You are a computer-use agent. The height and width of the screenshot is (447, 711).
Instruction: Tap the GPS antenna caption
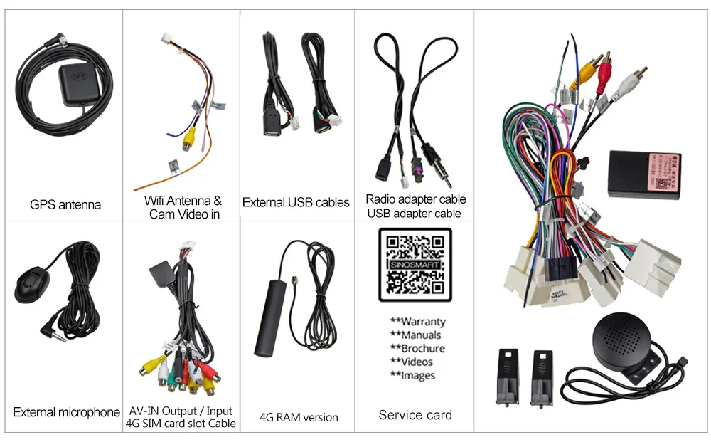click(65, 205)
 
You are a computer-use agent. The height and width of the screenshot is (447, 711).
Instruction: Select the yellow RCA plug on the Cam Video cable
click(186, 142)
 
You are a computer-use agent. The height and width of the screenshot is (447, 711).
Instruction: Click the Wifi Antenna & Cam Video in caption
click(183, 207)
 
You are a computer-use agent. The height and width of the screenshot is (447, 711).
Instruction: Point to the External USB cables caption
click(296, 203)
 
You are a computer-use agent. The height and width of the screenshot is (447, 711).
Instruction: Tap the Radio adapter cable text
click(416, 199)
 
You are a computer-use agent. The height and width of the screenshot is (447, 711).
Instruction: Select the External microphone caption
click(66, 412)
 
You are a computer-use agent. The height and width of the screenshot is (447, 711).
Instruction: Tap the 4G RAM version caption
click(299, 417)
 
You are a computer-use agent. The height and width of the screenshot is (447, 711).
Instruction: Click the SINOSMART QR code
click(415, 265)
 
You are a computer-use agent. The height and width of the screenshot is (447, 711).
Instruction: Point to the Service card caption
click(415, 415)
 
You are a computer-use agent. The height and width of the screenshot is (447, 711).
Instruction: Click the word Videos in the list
click(417, 362)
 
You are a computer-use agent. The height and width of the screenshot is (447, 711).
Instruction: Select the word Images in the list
click(418, 376)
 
